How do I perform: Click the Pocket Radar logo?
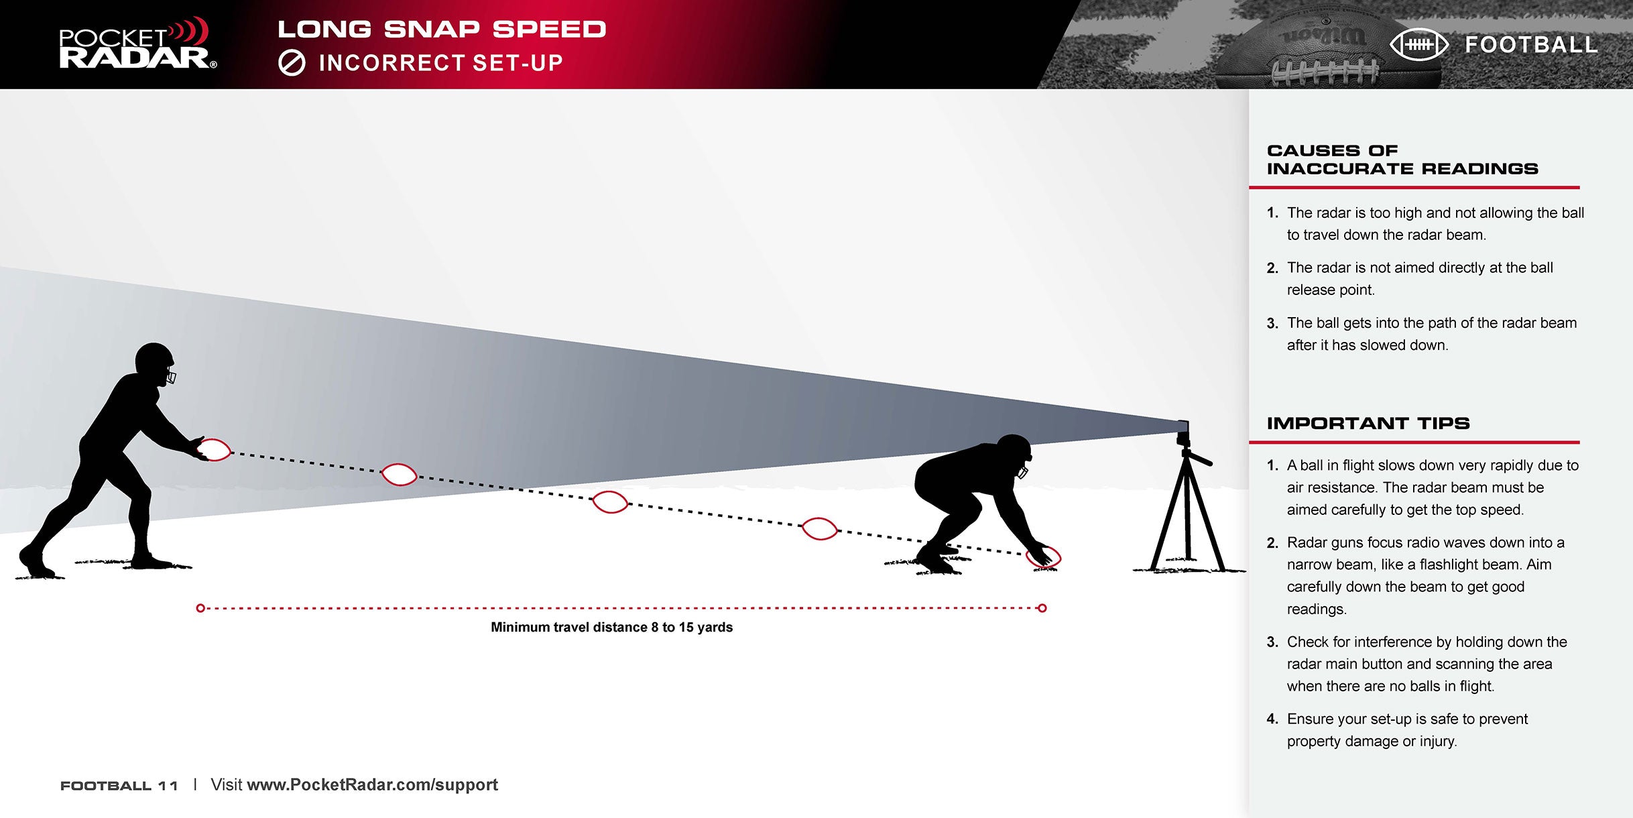point(137,44)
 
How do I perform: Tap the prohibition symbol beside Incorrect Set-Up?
point(292,63)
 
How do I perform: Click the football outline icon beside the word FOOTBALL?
point(1419,45)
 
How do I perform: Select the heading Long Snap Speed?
point(442,29)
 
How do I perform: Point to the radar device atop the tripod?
point(1183,433)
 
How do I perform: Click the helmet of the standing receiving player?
point(156,363)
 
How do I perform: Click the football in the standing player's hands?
point(215,449)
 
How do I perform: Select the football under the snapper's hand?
point(1044,557)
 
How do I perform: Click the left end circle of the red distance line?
point(200,608)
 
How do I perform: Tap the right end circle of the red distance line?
point(1042,608)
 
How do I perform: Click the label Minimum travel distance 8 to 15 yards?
point(611,628)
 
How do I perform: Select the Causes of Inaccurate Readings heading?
point(1402,160)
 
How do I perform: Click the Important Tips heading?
point(1368,423)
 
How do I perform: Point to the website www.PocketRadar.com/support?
point(372,784)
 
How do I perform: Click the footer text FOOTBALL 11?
point(119,786)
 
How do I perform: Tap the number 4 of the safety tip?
point(1272,719)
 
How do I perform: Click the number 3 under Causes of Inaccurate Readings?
point(1272,323)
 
